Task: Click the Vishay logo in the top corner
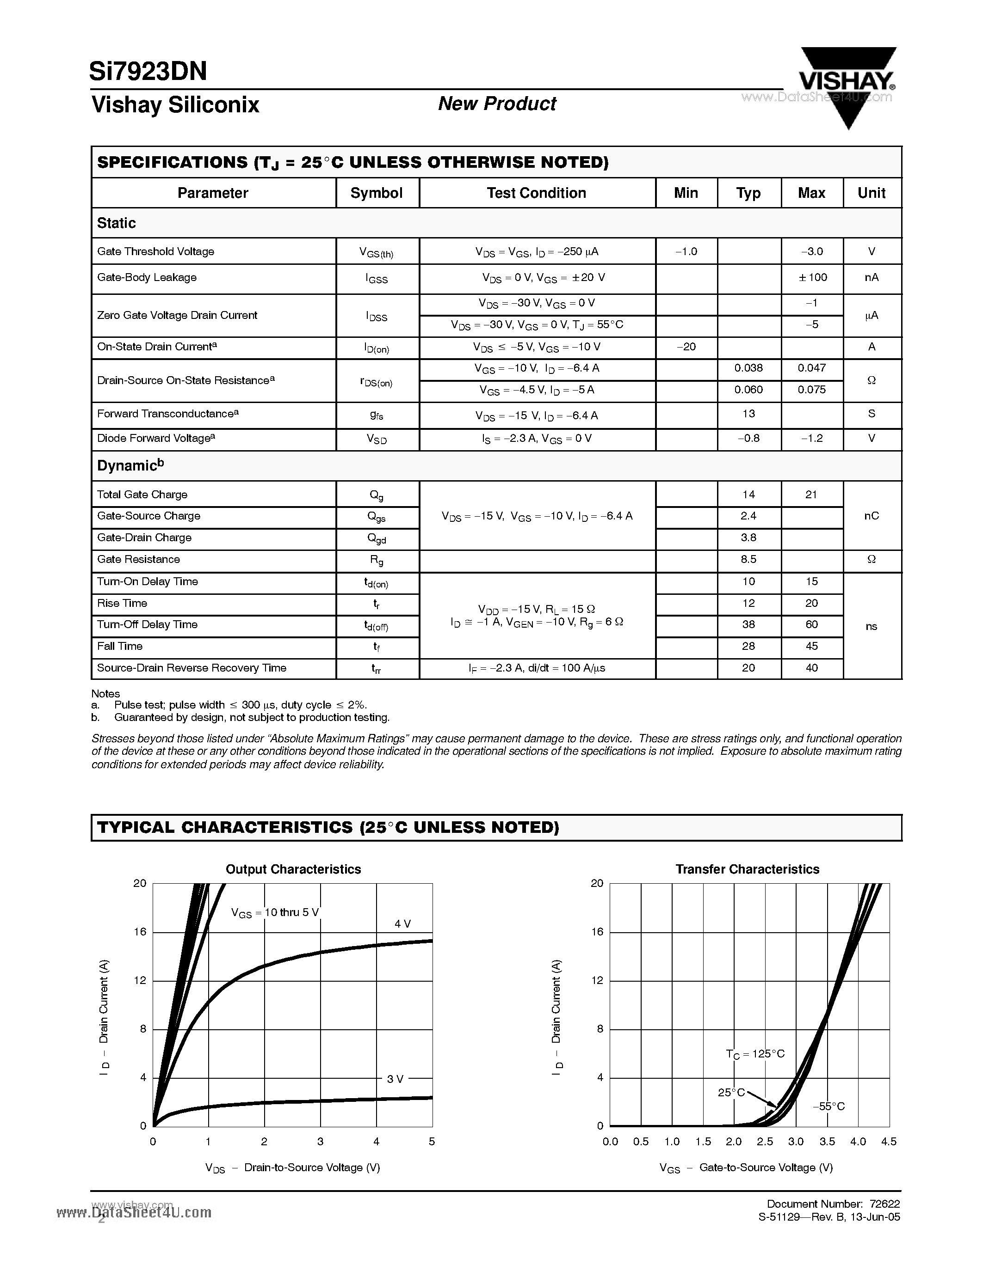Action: pyautogui.click(x=847, y=81)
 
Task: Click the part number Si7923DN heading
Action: pyautogui.click(x=148, y=71)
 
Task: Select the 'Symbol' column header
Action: pyautogui.click(x=376, y=193)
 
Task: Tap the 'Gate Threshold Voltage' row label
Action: pyautogui.click(x=155, y=251)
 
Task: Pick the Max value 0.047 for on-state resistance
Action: pyautogui.click(x=811, y=368)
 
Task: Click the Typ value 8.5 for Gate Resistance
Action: pyautogui.click(x=748, y=559)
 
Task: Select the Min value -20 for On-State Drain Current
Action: pyautogui.click(x=686, y=347)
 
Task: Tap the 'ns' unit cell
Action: pyautogui.click(x=871, y=626)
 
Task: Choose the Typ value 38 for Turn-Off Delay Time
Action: pyautogui.click(x=748, y=624)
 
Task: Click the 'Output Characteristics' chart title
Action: pyautogui.click(x=293, y=869)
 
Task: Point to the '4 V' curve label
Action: pyautogui.click(x=402, y=923)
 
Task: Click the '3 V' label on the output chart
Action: pyautogui.click(x=395, y=1079)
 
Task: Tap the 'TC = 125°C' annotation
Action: pyautogui.click(x=755, y=1054)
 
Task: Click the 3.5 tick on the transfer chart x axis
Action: pyautogui.click(x=827, y=1142)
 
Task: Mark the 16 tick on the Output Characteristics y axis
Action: pyautogui.click(x=140, y=932)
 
